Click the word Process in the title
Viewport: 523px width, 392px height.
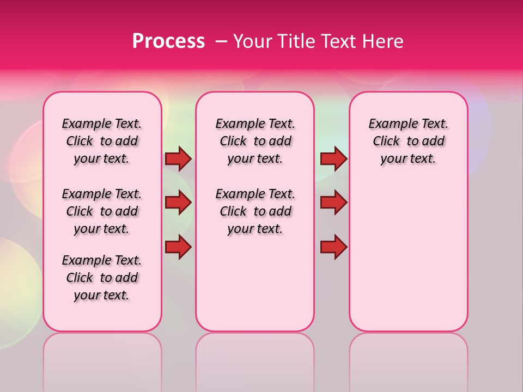pyautogui.click(x=168, y=41)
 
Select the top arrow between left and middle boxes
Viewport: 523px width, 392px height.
pyautogui.click(x=178, y=158)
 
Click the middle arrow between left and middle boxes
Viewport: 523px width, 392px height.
pyautogui.click(x=178, y=203)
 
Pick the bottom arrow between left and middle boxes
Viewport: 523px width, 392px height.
pyautogui.click(x=178, y=247)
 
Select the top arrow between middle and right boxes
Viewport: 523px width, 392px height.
pyautogui.click(x=333, y=158)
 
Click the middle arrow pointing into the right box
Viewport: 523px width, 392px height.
pyautogui.click(x=333, y=203)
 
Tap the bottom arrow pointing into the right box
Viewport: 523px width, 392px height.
pyautogui.click(x=333, y=247)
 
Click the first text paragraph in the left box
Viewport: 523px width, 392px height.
pyautogui.click(x=102, y=141)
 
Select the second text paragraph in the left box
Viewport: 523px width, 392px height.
pyautogui.click(x=102, y=211)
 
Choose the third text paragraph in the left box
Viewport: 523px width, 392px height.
pyautogui.click(x=102, y=278)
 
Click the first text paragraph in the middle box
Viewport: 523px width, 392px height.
pyautogui.click(x=256, y=141)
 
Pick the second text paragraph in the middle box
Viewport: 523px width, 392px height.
pyautogui.click(x=256, y=211)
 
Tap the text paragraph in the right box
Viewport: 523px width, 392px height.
pyautogui.click(x=409, y=141)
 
